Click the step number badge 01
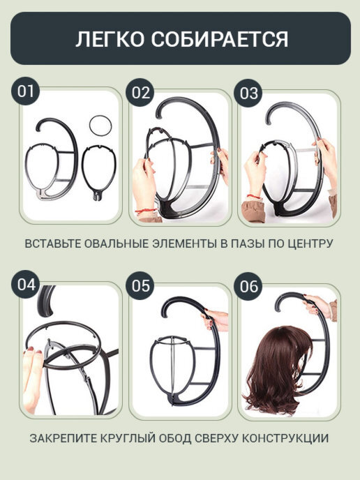[x=25, y=91]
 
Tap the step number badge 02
[x=140, y=93]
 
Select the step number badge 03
[x=248, y=93]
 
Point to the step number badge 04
[x=26, y=285]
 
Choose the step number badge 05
[x=140, y=285]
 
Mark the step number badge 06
[x=248, y=286]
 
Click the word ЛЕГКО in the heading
[x=110, y=39]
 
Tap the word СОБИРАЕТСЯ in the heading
[x=220, y=39]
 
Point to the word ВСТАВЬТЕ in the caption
[x=52, y=243]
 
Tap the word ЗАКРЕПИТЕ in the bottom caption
[x=63, y=438]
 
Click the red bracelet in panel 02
[x=146, y=211]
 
